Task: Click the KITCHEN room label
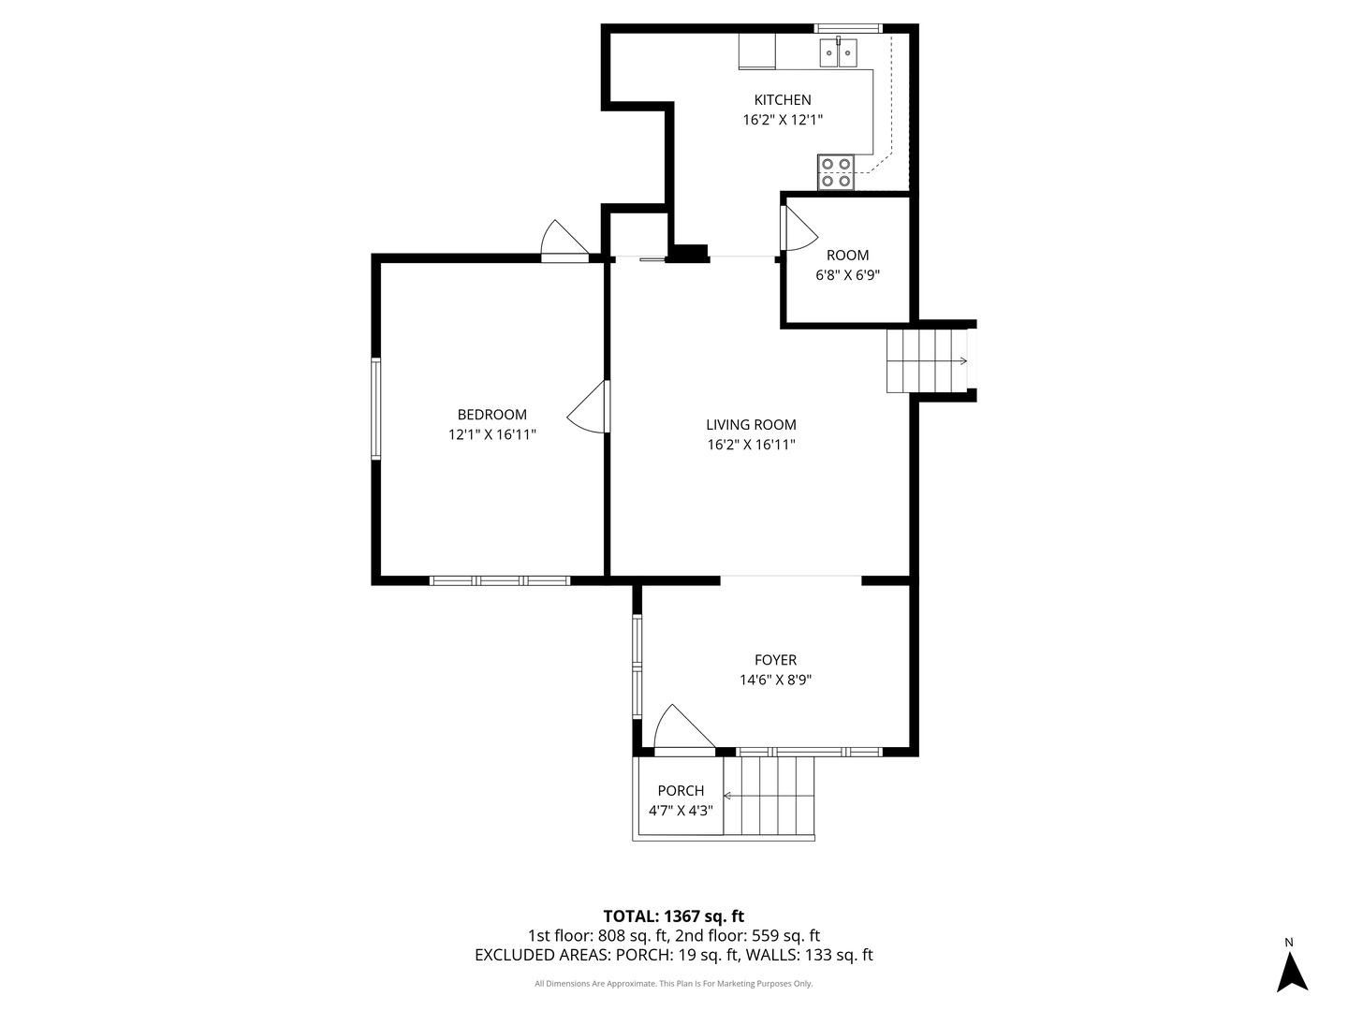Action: click(783, 99)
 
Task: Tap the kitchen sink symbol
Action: click(838, 52)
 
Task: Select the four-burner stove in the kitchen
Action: click(836, 172)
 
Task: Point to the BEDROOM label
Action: click(491, 415)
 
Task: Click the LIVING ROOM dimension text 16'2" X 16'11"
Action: click(751, 445)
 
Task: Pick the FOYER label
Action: click(776, 660)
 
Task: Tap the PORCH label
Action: click(681, 791)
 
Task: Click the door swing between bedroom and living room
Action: click(588, 407)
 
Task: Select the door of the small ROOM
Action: click(799, 228)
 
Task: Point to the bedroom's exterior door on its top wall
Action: click(564, 242)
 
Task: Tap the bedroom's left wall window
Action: click(375, 409)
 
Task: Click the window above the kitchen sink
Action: click(848, 28)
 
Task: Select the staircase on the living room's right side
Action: click(928, 361)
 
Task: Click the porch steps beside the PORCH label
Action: click(769, 796)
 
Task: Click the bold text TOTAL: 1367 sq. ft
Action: click(674, 916)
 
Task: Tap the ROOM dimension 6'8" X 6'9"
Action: click(847, 275)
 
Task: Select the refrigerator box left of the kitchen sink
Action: click(756, 51)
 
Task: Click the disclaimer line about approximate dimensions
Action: click(674, 983)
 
